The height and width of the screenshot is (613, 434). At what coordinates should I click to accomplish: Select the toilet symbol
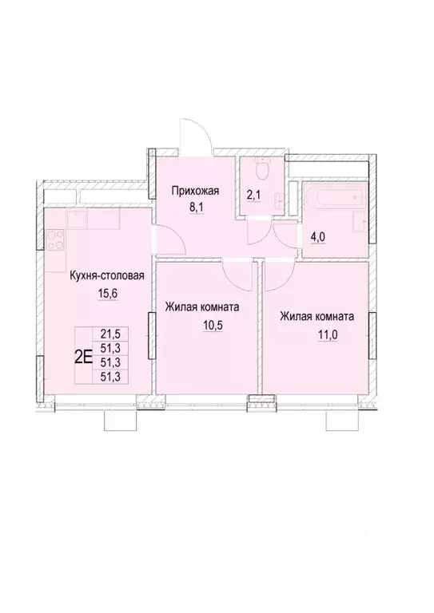click(260, 170)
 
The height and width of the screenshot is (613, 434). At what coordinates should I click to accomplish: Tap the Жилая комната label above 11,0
click(317, 316)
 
